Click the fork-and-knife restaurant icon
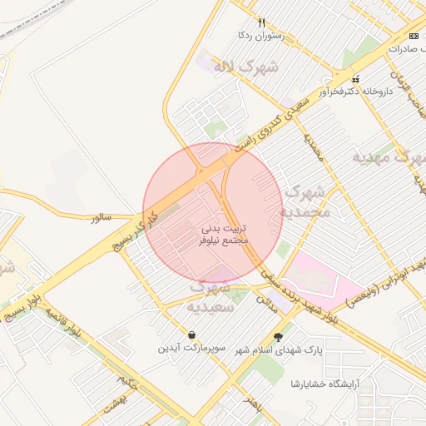click(x=261, y=22)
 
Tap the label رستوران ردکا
click(x=261, y=36)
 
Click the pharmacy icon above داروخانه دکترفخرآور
click(x=356, y=79)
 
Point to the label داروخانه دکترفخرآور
click(x=355, y=92)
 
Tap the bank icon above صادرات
click(x=414, y=36)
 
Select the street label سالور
click(x=106, y=217)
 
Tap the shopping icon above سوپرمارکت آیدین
click(x=192, y=335)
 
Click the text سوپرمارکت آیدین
click(x=192, y=348)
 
